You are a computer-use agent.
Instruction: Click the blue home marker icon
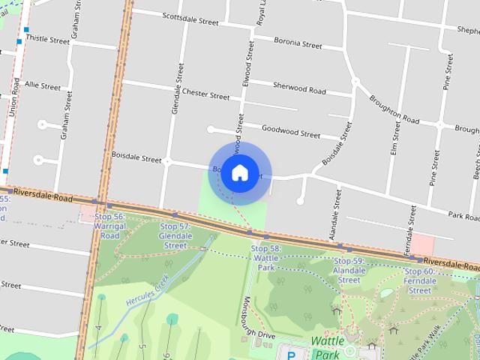point(239,172)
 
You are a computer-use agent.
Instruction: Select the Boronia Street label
point(298,43)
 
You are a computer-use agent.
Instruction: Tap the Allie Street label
point(42,85)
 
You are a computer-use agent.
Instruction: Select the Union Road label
point(13,96)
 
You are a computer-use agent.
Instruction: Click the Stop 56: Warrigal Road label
point(109,226)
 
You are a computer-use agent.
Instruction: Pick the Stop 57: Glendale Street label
point(175,235)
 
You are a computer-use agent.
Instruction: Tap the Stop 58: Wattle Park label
point(265,257)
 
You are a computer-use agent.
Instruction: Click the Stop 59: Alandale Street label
point(349,270)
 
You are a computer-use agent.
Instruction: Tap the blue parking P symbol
point(291,353)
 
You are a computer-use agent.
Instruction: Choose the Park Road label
point(464,216)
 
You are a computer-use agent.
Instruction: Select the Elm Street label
point(396,142)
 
